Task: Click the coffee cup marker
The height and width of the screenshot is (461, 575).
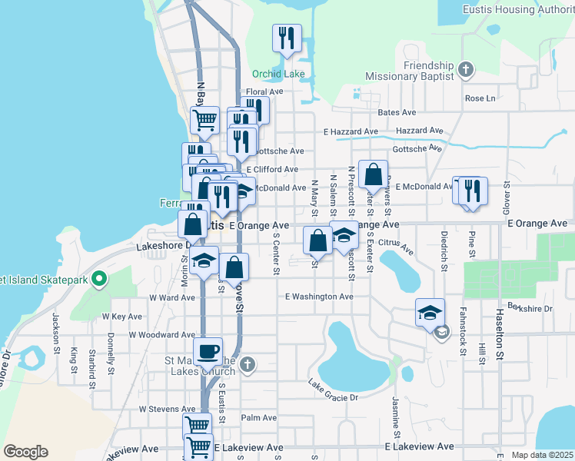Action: [x=208, y=352]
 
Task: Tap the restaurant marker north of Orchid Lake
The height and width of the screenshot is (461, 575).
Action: [x=287, y=38]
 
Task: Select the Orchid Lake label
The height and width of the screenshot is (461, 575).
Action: [x=278, y=75]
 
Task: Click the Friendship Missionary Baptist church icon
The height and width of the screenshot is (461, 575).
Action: [x=464, y=70]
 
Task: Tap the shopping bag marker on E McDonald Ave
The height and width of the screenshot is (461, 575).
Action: [x=373, y=174]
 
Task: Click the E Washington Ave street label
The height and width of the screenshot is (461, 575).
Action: [x=319, y=297]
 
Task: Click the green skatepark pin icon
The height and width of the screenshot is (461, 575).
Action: [x=98, y=278]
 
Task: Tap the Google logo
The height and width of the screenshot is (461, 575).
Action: [x=25, y=452]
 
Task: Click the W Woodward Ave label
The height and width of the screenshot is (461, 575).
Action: [x=161, y=335]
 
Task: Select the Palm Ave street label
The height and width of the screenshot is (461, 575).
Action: [x=258, y=418]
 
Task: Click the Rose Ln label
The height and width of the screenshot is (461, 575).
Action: [x=480, y=98]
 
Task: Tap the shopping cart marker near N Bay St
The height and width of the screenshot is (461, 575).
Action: [x=204, y=119]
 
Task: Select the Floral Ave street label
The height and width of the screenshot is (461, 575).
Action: [x=264, y=91]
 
